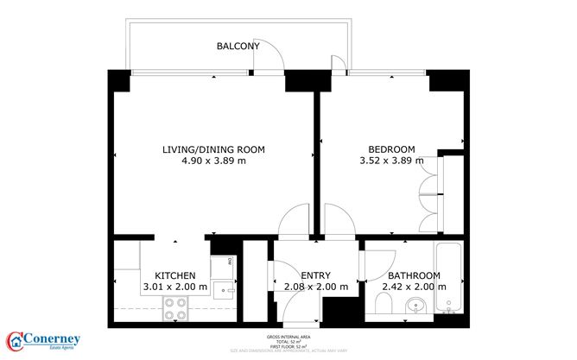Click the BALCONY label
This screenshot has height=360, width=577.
coord(236,46)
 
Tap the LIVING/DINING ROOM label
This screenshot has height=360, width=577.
coord(213,149)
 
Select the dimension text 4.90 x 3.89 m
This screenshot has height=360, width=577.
coord(213,161)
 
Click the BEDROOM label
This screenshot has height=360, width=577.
coord(391,148)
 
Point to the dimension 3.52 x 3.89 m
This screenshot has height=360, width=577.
coord(391,161)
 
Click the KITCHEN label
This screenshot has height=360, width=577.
coord(174,275)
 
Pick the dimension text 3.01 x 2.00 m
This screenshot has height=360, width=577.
coord(174,287)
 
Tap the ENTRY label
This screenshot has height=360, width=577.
coord(315,275)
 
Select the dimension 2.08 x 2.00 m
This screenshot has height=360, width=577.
coord(315,287)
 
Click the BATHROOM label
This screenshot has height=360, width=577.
coord(413,275)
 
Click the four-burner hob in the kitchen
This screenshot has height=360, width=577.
coord(175,308)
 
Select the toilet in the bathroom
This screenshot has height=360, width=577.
coord(384,304)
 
